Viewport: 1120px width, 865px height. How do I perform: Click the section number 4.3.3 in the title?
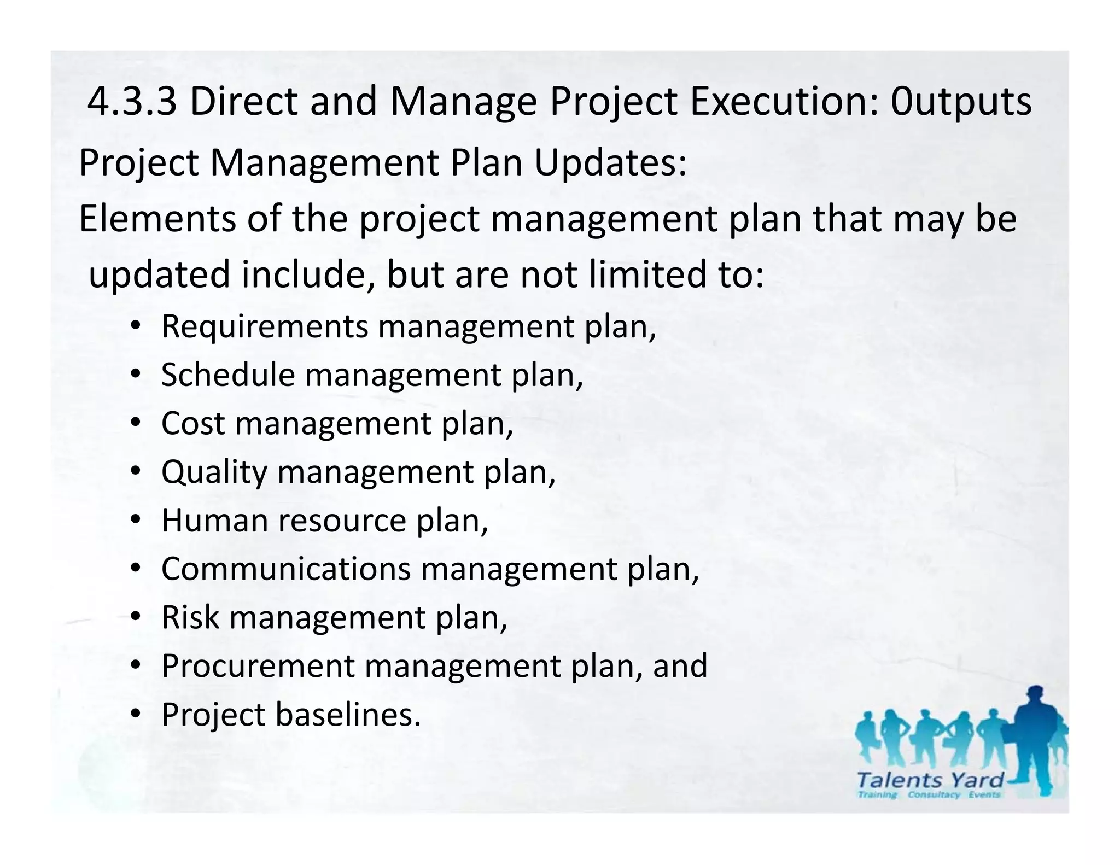132,102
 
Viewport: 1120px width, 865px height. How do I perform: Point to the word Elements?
157,219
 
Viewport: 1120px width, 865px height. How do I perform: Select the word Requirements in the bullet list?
265,327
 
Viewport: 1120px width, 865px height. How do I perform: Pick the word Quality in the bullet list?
214,472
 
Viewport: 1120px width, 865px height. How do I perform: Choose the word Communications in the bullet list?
285,569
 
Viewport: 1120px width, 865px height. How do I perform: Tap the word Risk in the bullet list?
190,617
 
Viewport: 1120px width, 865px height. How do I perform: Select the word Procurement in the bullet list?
258,666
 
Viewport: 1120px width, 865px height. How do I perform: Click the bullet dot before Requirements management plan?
136,326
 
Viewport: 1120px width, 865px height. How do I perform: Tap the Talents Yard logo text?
930,780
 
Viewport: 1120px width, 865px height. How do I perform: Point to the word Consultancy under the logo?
934,795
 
